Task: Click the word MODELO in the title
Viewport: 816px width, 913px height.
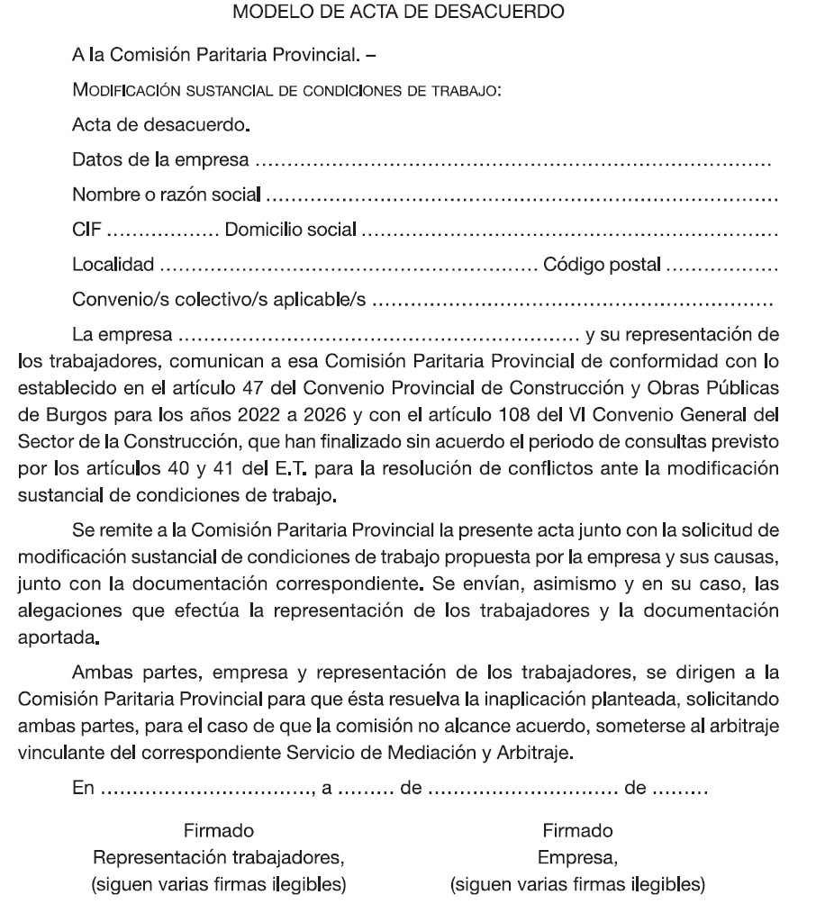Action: pos(265,13)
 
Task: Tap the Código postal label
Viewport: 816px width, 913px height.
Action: pos(601,265)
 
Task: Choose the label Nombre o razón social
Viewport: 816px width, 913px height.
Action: pos(167,194)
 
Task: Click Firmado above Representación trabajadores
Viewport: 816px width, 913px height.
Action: pos(218,829)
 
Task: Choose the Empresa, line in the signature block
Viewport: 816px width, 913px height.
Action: pos(577,857)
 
